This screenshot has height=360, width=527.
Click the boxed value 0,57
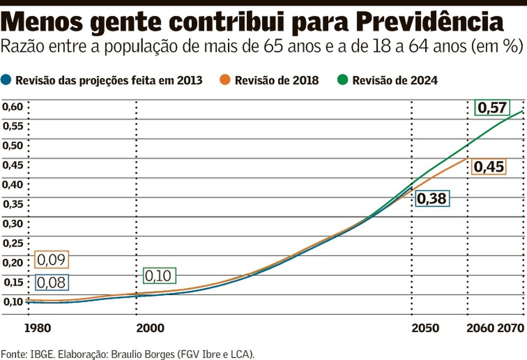pyautogui.click(x=492, y=108)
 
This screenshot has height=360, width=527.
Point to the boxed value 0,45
pyautogui.click(x=488, y=167)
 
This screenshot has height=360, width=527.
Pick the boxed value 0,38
pyautogui.click(x=432, y=199)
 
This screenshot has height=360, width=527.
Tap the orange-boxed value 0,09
pyautogui.click(x=52, y=260)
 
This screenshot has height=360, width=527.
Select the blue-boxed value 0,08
pyautogui.click(x=52, y=282)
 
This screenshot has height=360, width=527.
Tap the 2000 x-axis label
pyautogui.click(x=150, y=328)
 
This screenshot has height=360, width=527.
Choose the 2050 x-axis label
pyautogui.click(x=425, y=328)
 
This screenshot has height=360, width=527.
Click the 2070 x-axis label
pyautogui.click(x=511, y=328)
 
